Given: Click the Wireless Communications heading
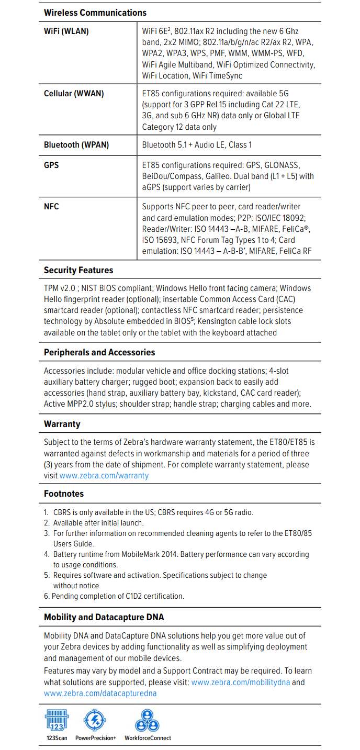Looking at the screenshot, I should click(x=95, y=13).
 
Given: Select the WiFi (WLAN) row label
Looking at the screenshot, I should click(x=66, y=31).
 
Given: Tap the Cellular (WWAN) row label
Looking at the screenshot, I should click(x=74, y=94).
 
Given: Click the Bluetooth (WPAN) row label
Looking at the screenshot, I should click(x=76, y=145).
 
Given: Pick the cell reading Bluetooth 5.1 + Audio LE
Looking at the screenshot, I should click(x=197, y=145).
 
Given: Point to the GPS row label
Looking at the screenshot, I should click(x=51, y=165).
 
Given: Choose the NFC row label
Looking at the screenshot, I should click(x=51, y=207).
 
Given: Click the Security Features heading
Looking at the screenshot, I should click(x=78, y=271).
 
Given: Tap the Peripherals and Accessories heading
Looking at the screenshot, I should click(x=99, y=353).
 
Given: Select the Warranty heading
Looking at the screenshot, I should click(x=62, y=424).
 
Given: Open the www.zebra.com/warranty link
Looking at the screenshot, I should click(x=104, y=476).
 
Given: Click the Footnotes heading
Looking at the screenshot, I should click(x=64, y=494).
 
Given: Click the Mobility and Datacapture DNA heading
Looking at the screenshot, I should click(x=104, y=618).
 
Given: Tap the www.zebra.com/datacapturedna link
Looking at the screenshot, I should click(x=100, y=693).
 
